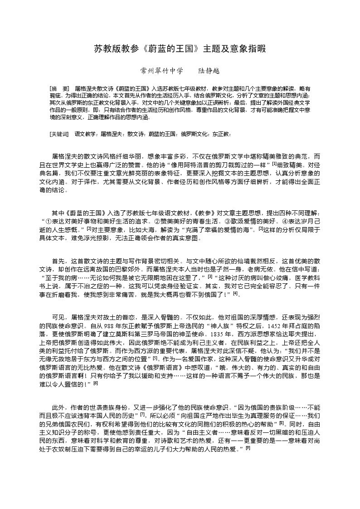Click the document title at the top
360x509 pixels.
(180, 48)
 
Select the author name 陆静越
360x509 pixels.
(209, 71)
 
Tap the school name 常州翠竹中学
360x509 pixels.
(162, 71)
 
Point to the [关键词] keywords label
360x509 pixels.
(59, 134)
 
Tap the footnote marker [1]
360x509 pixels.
(274, 164)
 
